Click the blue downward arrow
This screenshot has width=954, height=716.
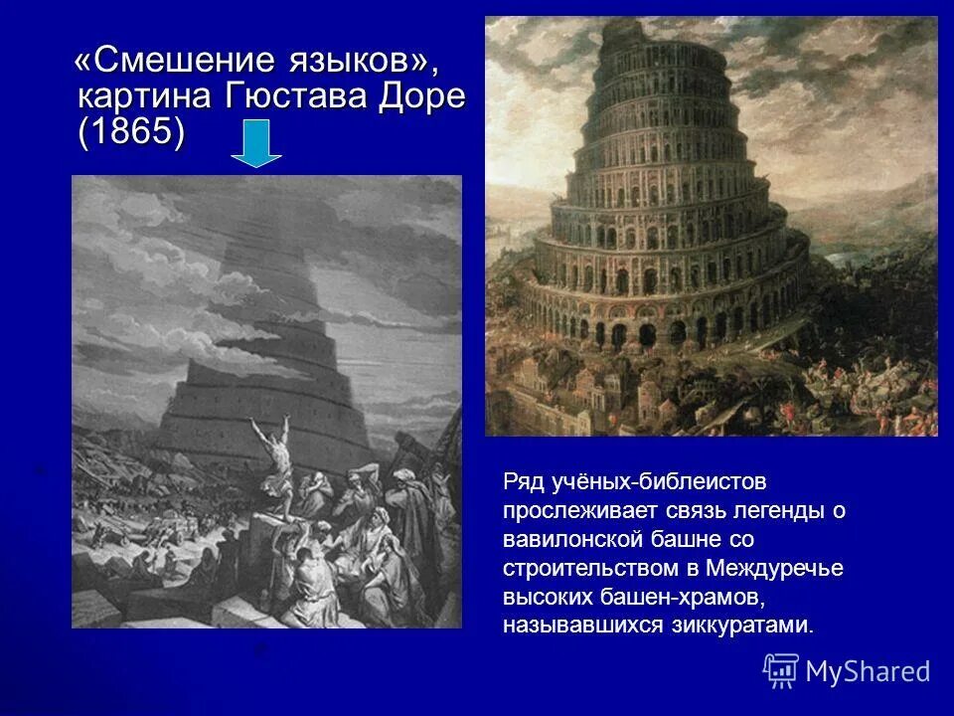click(x=256, y=144)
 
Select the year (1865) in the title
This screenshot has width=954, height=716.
click(x=130, y=133)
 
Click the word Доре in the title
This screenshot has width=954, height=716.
click(x=418, y=97)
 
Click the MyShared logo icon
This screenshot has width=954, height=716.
click(x=781, y=670)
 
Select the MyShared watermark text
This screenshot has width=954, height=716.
click(x=868, y=671)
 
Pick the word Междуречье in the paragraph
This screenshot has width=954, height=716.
click(x=774, y=569)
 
